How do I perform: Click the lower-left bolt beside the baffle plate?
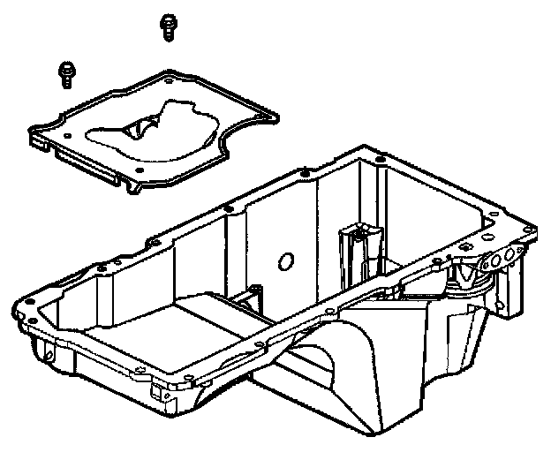point(66,73)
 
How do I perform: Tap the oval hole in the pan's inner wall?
point(285,261)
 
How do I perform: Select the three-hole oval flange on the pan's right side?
point(503,258)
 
